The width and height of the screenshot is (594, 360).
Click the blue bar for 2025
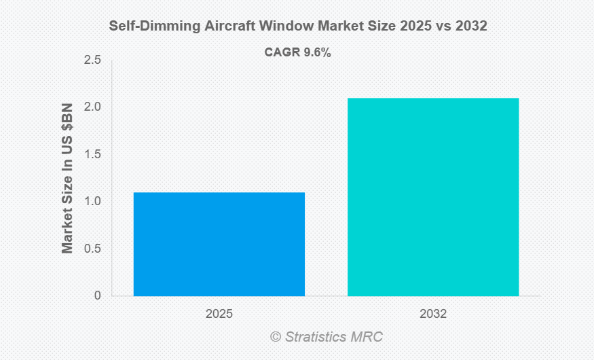(219, 244)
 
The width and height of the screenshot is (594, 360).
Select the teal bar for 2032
(433, 197)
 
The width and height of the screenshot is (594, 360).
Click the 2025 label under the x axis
(219, 314)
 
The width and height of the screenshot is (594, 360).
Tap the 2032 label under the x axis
(433, 314)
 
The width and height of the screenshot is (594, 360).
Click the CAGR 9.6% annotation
(297, 52)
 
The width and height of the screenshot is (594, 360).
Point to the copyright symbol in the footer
(275, 337)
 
